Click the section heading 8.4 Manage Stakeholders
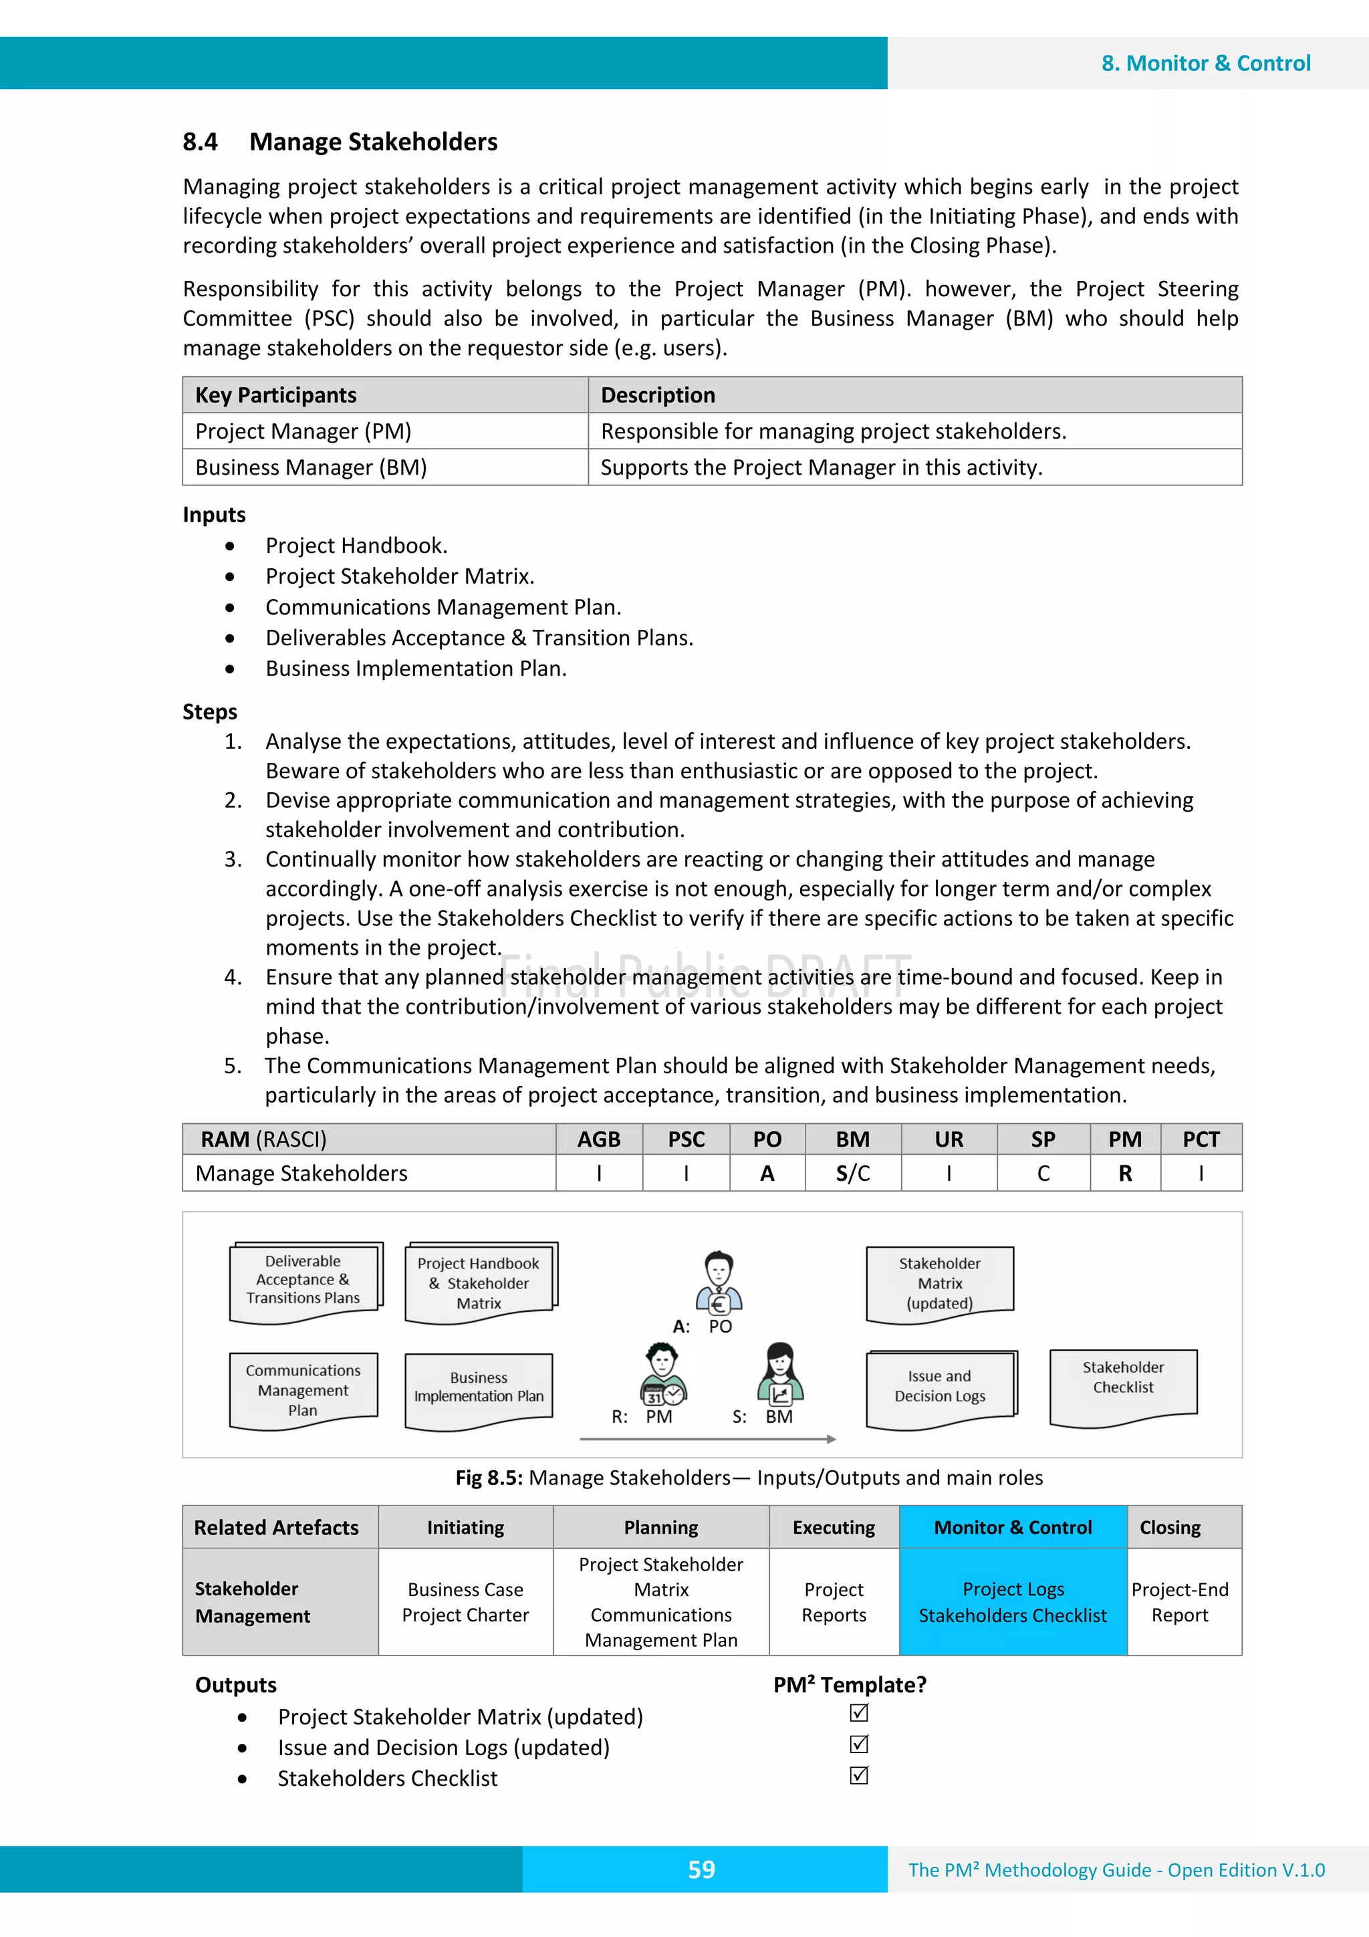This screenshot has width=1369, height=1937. (x=340, y=142)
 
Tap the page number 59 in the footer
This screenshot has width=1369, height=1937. (x=701, y=1869)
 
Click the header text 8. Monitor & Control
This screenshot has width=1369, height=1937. (x=1205, y=64)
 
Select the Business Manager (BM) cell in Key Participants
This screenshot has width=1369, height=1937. (x=312, y=467)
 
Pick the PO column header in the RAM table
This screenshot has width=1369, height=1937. (x=767, y=1140)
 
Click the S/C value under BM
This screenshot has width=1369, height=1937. (x=853, y=1173)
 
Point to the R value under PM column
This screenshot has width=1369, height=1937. (x=1124, y=1173)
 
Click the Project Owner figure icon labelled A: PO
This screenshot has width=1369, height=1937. (x=719, y=1282)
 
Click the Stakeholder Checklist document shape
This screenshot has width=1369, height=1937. (x=1123, y=1386)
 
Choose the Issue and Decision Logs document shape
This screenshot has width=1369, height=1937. (x=941, y=1388)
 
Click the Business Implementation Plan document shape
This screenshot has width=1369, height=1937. (x=478, y=1389)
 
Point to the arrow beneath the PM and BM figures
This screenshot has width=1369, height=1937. (x=707, y=1440)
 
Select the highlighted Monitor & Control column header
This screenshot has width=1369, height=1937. (x=1012, y=1528)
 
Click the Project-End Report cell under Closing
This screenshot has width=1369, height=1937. (x=1179, y=1602)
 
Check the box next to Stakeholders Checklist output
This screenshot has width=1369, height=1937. (x=859, y=1776)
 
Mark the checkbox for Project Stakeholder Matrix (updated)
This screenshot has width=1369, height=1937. (x=859, y=1714)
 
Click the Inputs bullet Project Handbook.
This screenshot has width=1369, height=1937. (x=356, y=546)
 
